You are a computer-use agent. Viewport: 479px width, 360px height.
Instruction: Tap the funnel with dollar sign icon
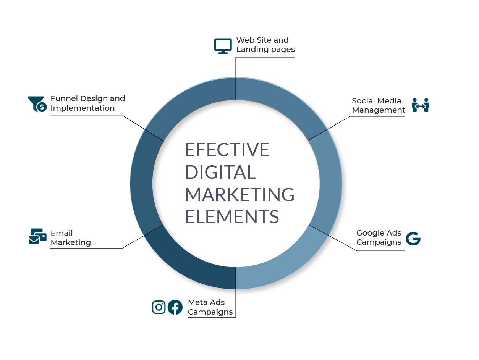click(37, 104)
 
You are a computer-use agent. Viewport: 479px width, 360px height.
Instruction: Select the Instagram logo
click(159, 307)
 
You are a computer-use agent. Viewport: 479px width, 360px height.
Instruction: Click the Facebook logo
click(175, 307)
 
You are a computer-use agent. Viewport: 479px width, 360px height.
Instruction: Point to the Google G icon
click(413, 239)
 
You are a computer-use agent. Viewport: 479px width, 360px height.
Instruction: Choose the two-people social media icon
click(421, 105)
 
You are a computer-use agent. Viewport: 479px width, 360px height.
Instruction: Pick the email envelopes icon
click(38, 236)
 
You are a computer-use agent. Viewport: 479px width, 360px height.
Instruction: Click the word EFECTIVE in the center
click(227, 150)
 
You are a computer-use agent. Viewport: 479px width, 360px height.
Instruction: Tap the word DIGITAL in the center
click(220, 172)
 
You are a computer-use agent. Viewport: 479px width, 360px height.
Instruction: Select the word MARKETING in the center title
click(239, 194)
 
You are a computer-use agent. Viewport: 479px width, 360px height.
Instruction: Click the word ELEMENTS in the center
click(232, 217)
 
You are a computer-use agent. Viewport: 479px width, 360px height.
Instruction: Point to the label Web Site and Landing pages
click(265, 45)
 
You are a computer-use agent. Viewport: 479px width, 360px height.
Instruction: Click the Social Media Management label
click(379, 105)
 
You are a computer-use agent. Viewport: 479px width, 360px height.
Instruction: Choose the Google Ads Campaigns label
click(379, 237)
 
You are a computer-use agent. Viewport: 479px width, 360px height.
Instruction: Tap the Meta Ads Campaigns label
click(210, 307)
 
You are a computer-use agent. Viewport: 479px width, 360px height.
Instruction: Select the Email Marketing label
click(71, 238)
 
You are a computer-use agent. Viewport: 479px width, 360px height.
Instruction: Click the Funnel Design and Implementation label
click(88, 103)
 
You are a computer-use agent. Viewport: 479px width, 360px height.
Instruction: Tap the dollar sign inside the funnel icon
click(42, 107)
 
